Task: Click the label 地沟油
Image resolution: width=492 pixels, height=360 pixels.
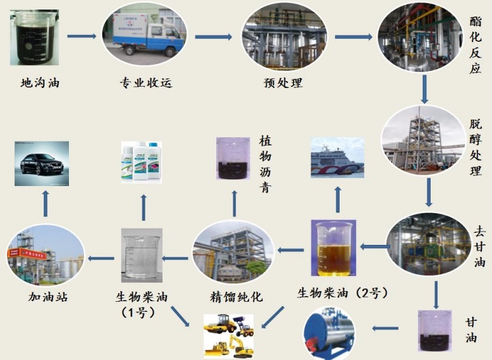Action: pos(40,83)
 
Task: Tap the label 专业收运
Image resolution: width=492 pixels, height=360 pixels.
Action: pos(146,83)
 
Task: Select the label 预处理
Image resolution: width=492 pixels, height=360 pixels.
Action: pos(283,83)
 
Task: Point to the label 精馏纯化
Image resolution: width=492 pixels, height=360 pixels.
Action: pos(236,297)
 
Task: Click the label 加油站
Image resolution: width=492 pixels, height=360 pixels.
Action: pos(47,297)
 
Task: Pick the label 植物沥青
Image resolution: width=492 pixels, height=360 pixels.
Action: pos(265,164)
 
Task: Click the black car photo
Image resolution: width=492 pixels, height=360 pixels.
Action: pos(42,163)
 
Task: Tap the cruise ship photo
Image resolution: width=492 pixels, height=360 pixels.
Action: pos(337,158)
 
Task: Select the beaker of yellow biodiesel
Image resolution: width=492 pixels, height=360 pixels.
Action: pos(333,248)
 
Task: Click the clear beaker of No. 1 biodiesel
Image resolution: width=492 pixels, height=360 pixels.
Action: pos(142,256)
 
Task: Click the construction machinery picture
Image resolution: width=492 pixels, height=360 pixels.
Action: pos(228,336)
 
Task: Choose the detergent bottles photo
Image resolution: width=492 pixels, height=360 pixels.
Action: pos(142,162)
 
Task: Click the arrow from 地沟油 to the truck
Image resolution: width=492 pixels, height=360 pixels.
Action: pos(82,36)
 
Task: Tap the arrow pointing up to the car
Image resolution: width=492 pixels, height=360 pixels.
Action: pos(46,203)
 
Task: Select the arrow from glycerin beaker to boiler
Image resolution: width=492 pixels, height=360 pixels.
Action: pos(385,328)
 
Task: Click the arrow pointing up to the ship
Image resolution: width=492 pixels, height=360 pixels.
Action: pos(338,199)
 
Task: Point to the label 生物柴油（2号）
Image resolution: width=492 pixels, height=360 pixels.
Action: pos(343,293)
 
